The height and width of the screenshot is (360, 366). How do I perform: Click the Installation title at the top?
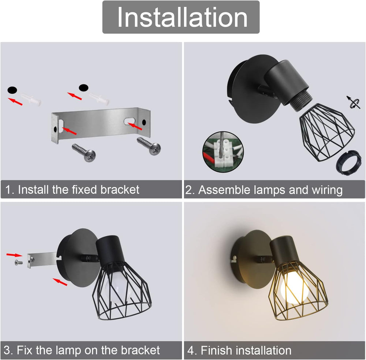pos(182,17)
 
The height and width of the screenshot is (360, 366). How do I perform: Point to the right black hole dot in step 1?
pos(84,88)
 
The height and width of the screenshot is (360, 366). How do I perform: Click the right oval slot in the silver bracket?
pos(129,120)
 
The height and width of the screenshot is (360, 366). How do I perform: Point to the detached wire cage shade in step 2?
pos(325,131)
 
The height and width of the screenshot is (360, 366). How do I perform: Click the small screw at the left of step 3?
pos(17,262)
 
